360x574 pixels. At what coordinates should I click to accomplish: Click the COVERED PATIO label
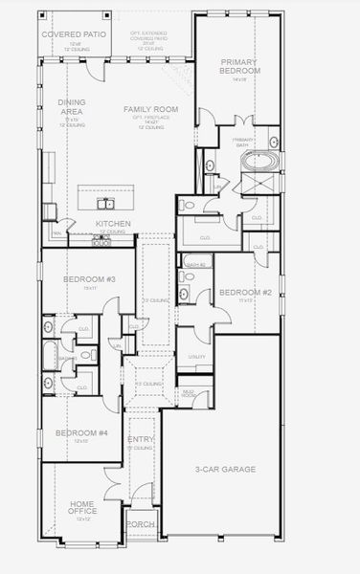tap(72, 33)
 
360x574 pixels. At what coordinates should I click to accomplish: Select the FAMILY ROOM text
tap(146, 110)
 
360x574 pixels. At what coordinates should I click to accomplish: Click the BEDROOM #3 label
tap(83, 278)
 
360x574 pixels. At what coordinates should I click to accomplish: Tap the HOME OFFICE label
tap(82, 508)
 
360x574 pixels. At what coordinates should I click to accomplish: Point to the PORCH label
tap(141, 524)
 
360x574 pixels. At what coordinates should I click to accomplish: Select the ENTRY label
tap(141, 439)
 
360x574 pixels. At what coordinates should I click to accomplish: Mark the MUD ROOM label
tap(189, 392)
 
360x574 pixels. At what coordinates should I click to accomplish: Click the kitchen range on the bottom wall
tap(101, 243)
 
